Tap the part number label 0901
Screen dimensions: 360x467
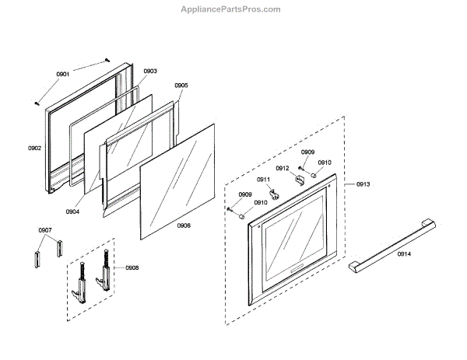coord(63,74)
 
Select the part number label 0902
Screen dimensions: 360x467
coord(34,147)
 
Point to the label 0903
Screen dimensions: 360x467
coord(150,71)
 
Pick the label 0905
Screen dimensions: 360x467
coord(181,86)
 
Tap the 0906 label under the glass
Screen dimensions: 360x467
coord(184,225)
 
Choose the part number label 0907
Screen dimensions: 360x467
coord(45,230)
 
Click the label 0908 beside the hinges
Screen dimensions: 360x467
coord(132,267)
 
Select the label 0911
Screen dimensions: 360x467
coord(264,180)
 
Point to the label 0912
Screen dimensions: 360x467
coord(283,168)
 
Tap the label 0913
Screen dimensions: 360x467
coord(363,184)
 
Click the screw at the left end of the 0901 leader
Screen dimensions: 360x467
coord(37,101)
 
